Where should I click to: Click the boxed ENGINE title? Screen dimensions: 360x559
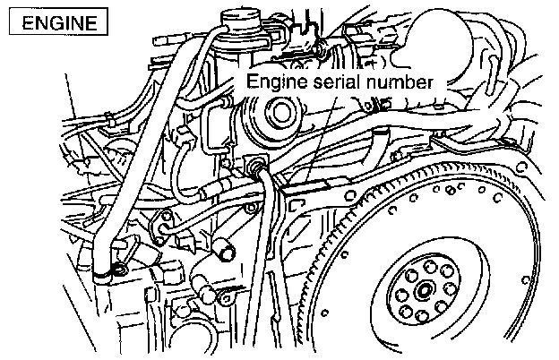coord(58,21)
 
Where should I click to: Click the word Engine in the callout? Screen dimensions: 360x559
coord(276,81)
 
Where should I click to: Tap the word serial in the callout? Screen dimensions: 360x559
coord(340,81)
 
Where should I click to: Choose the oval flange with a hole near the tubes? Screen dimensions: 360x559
coord(164,221)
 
